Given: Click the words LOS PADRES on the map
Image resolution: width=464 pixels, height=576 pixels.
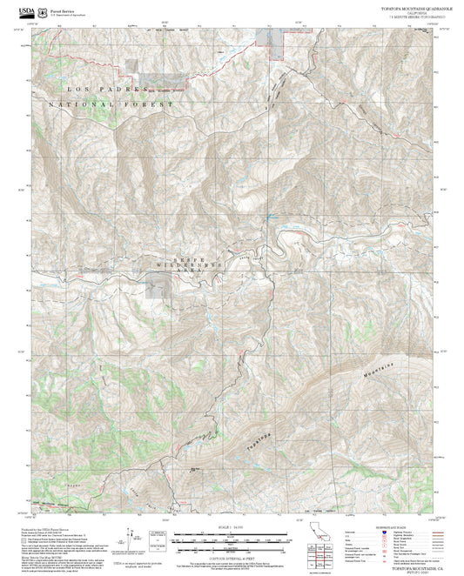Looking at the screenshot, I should (x=91, y=90).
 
